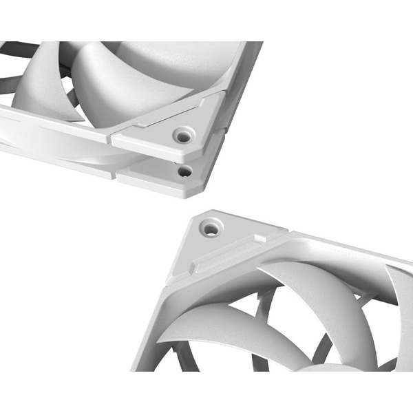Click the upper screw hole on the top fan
(182, 136)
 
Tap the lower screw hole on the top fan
(184, 169)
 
